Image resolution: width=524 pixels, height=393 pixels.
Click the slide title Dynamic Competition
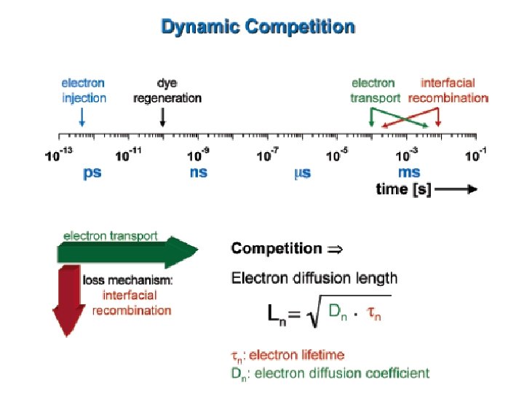(258, 28)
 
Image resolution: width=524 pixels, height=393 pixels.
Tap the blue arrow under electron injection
(82, 116)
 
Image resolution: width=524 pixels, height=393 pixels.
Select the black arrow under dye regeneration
(162, 116)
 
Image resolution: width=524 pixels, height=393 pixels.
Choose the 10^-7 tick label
(269, 154)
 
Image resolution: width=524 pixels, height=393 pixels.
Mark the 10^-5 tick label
(338, 154)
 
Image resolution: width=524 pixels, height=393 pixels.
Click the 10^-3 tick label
(408, 154)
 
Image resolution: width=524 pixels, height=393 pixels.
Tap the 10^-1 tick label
(476, 154)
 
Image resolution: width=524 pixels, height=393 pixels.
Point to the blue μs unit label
(302, 174)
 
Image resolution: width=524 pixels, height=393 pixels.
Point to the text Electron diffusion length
(314, 277)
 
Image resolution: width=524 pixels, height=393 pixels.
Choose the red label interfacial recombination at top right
(447, 90)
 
